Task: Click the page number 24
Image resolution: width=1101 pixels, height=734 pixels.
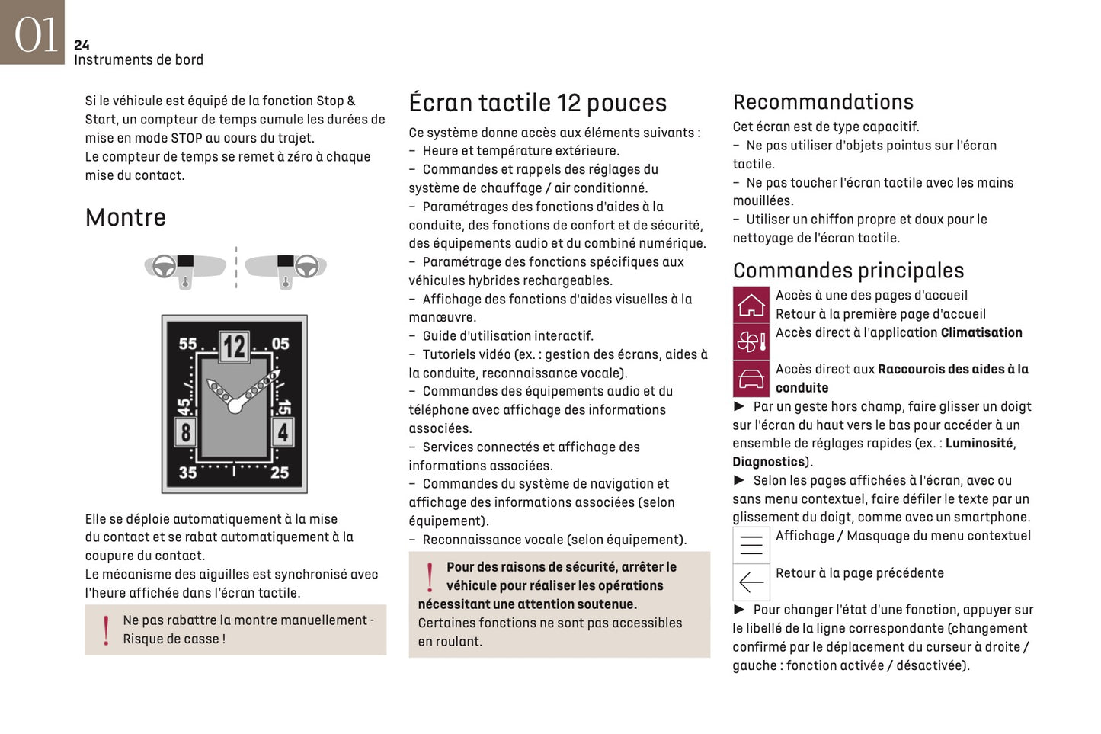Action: (x=82, y=45)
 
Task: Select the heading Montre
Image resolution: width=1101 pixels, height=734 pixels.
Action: (x=126, y=217)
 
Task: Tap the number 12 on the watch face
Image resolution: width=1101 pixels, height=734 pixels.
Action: (x=234, y=347)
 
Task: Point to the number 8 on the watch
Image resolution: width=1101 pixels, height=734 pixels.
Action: (x=185, y=432)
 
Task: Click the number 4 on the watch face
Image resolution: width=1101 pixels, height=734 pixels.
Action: (x=283, y=432)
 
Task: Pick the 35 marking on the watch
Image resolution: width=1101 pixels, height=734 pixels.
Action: (x=187, y=472)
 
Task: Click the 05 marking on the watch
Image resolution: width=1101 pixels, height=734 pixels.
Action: (x=280, y=344)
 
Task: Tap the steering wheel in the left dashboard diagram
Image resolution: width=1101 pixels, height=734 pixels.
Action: (x=164, y=267)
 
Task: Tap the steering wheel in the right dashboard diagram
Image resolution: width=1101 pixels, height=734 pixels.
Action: (x=306, y=267)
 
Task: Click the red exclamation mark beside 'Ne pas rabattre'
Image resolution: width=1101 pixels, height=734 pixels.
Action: (x=106, y=630)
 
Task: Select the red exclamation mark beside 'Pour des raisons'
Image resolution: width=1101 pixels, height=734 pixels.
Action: (x=430, y=577)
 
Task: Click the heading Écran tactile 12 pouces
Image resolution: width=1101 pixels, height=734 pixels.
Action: (x=537, y=103)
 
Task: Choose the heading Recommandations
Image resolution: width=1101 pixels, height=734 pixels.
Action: (x=823, y=102)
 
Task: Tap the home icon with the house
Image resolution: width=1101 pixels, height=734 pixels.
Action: (x=751, y=305)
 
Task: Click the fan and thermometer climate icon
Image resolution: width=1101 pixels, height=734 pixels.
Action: (x=751, y=341)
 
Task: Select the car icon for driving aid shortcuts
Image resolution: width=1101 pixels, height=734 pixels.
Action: (x=751, y=379)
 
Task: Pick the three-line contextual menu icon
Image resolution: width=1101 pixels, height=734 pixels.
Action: (x=751, y=545)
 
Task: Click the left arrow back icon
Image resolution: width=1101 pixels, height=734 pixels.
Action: (x=751, y=582)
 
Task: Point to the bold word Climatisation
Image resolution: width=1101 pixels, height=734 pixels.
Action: (x=981, y=332)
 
